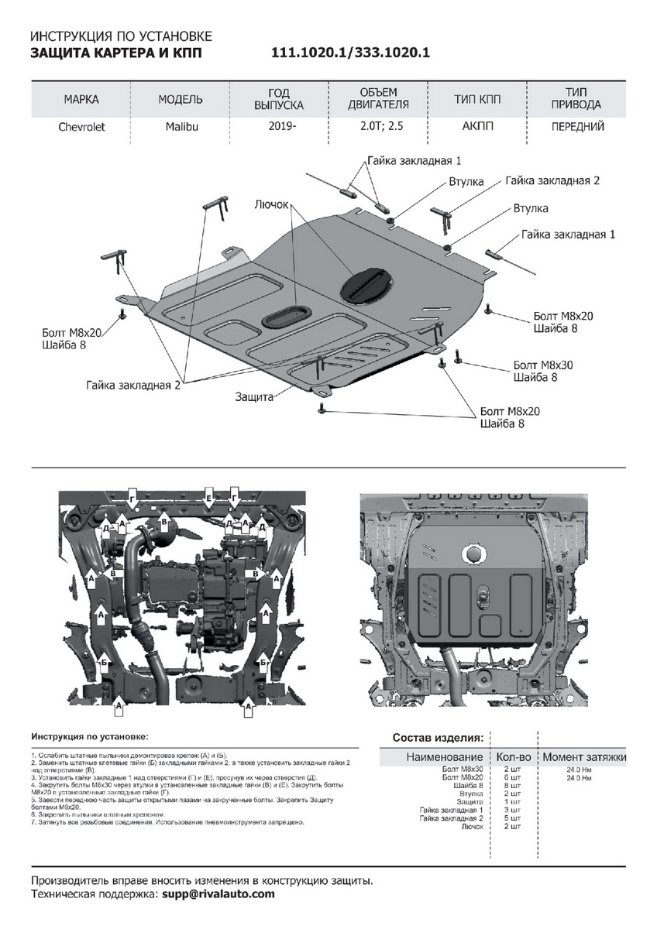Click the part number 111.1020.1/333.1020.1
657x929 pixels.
click(x=350, y=53)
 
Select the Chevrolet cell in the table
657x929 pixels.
click(x=81, y=127)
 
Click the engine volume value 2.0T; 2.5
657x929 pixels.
click(x=378, y=127)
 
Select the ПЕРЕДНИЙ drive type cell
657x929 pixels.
click(x=577, y=127)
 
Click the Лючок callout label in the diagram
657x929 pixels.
click(x=272, y=205)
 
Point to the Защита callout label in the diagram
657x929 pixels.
click(x=255, y=397)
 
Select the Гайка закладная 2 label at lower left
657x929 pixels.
click(x=133, y=384)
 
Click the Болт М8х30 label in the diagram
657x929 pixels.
click(x=540, y=365)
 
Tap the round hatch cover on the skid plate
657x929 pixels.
click(x=366, y=283)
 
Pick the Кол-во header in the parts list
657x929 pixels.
click(x=513, y=756)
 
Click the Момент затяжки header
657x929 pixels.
click(x=583, y=756)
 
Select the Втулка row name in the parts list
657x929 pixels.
click(x=471, y=794)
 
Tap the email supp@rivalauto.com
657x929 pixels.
click(x=218, y=893)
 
